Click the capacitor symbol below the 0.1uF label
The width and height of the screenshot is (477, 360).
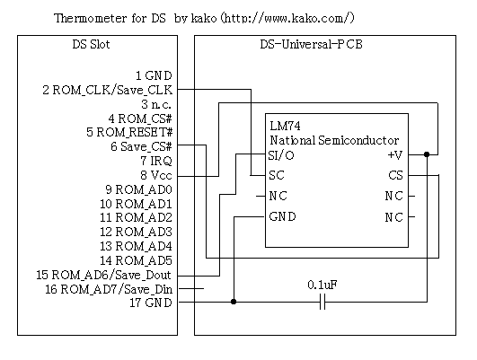(322, 302)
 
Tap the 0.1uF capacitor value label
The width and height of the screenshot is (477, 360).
(322, 285)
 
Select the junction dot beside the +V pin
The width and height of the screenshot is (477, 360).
(427, 154)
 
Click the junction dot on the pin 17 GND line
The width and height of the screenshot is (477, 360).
(234, 302)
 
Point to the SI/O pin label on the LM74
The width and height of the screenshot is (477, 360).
(281, 155)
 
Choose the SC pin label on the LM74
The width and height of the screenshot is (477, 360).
(277, 175)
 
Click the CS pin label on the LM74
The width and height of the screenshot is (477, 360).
(395, 175)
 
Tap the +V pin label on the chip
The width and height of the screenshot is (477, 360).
(395, 155)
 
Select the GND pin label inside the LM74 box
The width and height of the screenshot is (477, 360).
(282, 216)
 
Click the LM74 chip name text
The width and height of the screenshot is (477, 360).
(285, 126)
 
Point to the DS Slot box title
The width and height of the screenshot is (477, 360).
(91, 45)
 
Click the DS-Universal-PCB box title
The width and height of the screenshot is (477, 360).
(311, 44)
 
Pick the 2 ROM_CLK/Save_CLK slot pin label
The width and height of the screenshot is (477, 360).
(108, 90)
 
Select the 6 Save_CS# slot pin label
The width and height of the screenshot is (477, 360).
(141, 146)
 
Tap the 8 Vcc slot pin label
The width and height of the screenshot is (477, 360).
(156, 175)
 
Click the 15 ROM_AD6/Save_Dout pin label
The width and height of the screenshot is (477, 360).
(103, 275)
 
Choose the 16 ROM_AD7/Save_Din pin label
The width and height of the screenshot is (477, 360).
(109, 289)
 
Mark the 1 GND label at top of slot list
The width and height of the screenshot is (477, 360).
(154, 75)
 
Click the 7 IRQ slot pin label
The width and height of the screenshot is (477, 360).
(156, 161)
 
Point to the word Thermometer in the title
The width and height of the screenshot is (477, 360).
(90, 18)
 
